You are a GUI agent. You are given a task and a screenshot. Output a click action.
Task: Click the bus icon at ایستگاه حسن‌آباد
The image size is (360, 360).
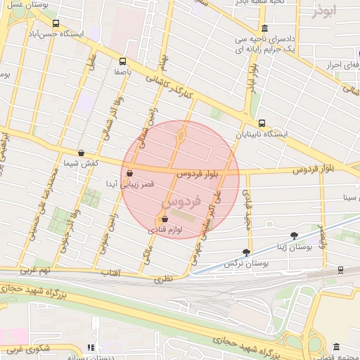[x=56, y=23]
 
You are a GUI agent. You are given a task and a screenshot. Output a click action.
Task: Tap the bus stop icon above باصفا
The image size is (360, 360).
[x=124, y=61]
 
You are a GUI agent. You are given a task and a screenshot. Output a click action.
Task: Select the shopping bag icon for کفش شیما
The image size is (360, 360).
[x=81, y=153]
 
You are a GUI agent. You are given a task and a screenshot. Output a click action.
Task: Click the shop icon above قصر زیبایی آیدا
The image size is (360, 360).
[x=129, y=173]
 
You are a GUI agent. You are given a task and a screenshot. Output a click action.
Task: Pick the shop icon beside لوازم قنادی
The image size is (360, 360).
[x=165, y=219]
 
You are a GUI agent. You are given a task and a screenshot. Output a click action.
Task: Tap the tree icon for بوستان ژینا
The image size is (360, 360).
[x=293, y=236]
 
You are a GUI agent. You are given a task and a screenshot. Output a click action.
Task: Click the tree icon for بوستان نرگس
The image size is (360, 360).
[x=246, y=252]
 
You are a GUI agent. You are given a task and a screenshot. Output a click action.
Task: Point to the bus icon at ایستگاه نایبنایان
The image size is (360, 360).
[x=262, y=123]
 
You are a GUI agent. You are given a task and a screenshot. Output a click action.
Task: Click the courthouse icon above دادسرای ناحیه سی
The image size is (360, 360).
[x=264, y=29]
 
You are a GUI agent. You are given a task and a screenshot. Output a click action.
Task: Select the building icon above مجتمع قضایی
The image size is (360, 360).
[x=336, y=347]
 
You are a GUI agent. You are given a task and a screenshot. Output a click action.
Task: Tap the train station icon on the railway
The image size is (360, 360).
[x=341, y=269]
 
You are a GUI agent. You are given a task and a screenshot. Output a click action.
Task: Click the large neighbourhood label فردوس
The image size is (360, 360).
[x=181, y=202]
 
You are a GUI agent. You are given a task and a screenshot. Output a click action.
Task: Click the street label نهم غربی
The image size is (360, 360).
[x=35, y=269]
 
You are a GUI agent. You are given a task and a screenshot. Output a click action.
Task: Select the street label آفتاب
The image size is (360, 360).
[x=111, y=272]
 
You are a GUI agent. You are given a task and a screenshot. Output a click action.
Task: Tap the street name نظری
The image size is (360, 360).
[x=163, y=279]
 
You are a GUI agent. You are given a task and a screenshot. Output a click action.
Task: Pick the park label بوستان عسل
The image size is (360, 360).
[x=27, y=5]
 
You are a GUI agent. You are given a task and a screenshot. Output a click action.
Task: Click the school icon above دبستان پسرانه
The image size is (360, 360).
[x=90, y=347]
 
